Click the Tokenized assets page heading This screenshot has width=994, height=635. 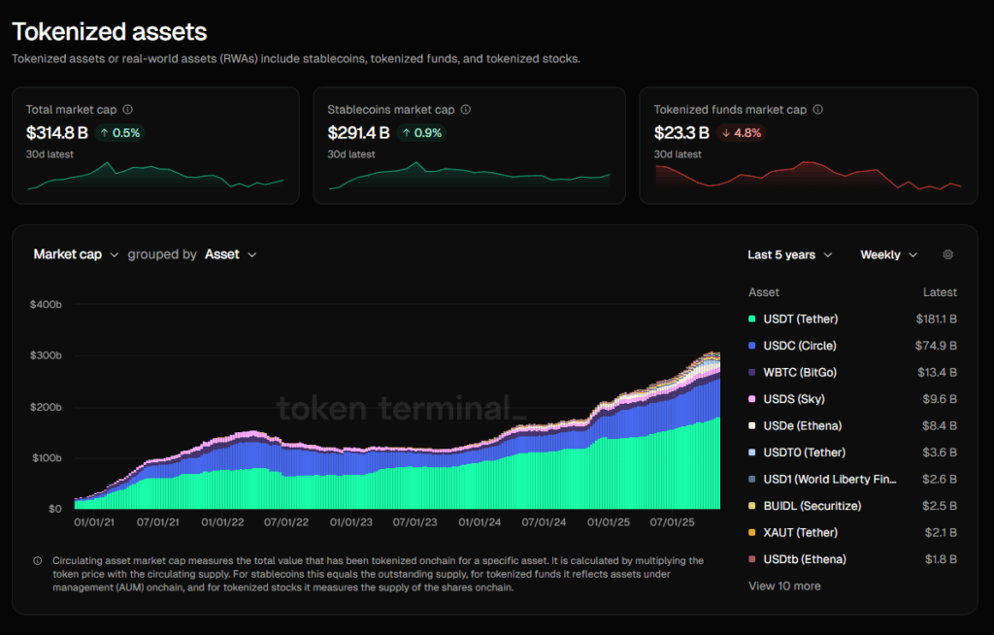tap(110, 32)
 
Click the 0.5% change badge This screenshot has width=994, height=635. tap(119, 133)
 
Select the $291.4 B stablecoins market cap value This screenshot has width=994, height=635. tap(359, 133)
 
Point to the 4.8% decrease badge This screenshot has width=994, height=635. tap(741, 133)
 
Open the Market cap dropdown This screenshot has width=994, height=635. tap(76, 254)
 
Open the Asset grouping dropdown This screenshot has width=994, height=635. tap(230, 254)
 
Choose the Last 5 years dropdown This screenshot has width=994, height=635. tap(789, 254)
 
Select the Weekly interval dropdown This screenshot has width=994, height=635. tap(888, 254)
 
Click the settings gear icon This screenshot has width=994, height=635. tap(948, 254)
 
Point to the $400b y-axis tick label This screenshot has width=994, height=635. tap(47, 305)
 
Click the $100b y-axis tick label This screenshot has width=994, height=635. tap(47, 457)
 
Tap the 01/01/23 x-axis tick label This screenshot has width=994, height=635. tap(351, 522)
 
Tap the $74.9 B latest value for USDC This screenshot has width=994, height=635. tap(936, 346)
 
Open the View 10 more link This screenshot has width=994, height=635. tap(784, 585)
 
